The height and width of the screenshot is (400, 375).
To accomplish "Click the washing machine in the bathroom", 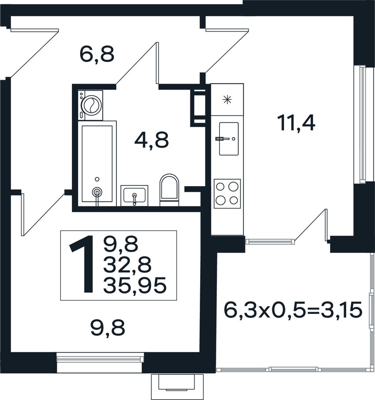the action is tap(90, 105).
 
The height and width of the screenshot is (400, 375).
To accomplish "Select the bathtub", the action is tap(97, 164).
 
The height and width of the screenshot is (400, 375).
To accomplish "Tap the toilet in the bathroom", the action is tap(169, 190).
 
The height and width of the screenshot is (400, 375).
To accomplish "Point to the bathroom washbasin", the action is tap(134, 196).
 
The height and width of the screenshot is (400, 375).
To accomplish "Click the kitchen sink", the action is tap(229, 139).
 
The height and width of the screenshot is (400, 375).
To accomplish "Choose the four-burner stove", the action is tap(227, 194).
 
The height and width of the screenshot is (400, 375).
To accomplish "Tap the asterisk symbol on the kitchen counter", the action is tap(227, 99).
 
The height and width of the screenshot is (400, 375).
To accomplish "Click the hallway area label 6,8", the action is tap(96, 54).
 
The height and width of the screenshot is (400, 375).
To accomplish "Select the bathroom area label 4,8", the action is tap(151, 140).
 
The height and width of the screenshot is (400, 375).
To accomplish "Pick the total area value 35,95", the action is tap(135, 285).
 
